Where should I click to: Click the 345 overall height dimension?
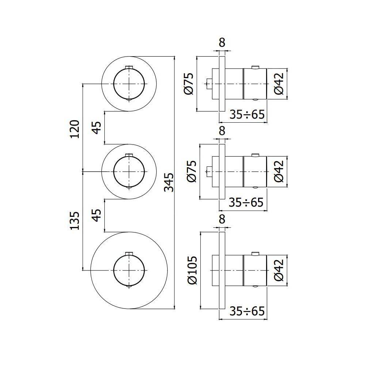pos(168,182)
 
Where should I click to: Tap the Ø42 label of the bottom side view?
pos(278,270)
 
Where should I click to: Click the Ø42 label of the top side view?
pos(278,84)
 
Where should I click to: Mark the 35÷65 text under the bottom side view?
pos(247,311)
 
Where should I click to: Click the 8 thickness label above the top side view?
pos(222,43)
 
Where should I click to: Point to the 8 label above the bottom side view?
pos(222,219)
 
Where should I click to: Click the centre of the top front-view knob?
pos(129,84)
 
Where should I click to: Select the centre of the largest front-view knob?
pos(129,270)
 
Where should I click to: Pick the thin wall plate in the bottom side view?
pos(222,270)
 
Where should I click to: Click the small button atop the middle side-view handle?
pos(255,154)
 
